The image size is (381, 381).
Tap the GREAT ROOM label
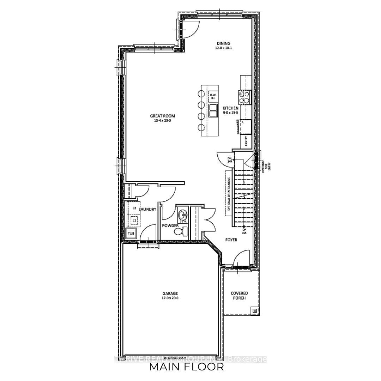tap(162, 116)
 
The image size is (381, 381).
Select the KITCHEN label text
tap(230, 108)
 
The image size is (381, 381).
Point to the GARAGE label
tap(170, 293)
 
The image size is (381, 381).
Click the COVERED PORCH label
tap(239, 295)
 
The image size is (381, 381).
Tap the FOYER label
tap(231, 240)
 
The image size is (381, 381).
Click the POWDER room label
tap(170, 225)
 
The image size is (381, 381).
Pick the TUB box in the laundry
tap(131, 233)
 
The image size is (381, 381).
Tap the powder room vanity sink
tap(183, 215)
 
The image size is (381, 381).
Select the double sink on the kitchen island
tap(213, 110)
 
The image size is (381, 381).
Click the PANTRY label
tap(246, 142)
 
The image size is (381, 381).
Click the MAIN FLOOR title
tap(186, 367)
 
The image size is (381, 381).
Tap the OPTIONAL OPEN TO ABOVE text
tap(229, 194)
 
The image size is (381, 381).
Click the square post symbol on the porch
tap(255, 311)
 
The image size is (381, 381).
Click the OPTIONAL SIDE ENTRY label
tap(265, 164)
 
